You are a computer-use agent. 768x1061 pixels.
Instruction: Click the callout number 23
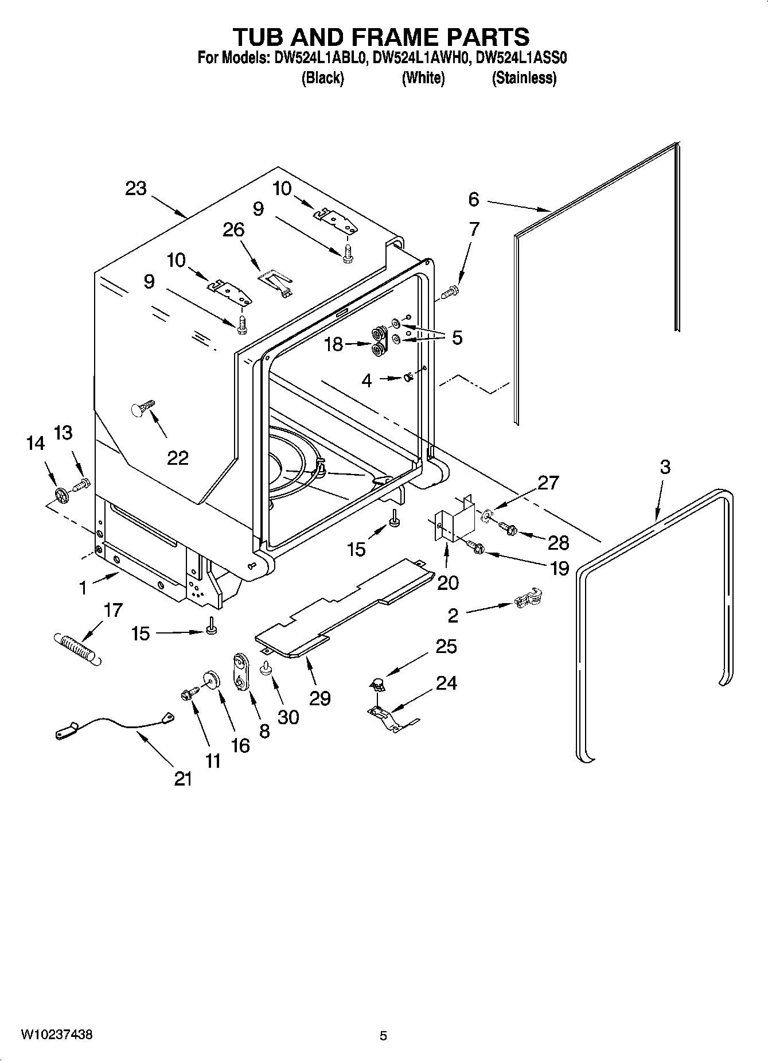click(x=136, y=188)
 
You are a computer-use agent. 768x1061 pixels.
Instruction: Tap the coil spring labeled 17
click(x=77, y=648)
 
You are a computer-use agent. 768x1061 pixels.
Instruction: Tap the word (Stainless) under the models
click(x=524, y=78)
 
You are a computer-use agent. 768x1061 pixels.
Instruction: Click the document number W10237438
click(x=56, y=1035)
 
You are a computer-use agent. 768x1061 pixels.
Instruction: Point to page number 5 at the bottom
click(x=383, y=1036)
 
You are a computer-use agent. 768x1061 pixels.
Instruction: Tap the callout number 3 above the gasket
click(x=664, y=467)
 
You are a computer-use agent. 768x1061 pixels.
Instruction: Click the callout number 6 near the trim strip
click(x=473, y=199)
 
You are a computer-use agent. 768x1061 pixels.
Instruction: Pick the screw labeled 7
click(x=451, y=293)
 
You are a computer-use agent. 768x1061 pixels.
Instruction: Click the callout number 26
click(x=233, y=230)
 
